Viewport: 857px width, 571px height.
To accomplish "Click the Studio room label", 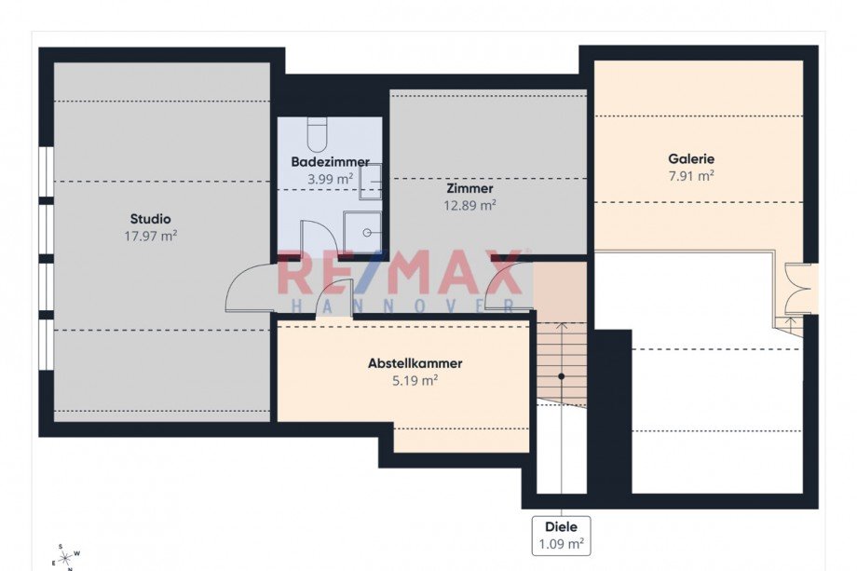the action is coord(150,219).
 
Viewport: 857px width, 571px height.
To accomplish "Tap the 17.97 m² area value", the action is coord(150,236).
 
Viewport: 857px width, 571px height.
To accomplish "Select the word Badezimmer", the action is coord(330,162).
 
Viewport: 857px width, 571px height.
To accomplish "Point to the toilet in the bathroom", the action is coord(316,134).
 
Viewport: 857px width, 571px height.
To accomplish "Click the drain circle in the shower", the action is coord(367,233).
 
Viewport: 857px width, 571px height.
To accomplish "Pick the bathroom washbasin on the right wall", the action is coord(370,182).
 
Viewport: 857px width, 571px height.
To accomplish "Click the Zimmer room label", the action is coord(470,188).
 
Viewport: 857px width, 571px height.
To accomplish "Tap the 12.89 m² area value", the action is coord(470,206).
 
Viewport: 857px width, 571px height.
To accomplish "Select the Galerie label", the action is coord(691,159).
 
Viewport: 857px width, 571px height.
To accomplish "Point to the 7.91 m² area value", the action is coord(691,176).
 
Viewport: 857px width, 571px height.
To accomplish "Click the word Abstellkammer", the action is coord(415,363).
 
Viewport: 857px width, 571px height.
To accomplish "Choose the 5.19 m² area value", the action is coord(415,380).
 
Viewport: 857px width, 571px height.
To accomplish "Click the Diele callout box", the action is coord(562,536).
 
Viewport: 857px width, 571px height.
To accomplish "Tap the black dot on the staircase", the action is coord(562,376).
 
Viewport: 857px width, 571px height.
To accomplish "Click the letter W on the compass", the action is coord(77,553).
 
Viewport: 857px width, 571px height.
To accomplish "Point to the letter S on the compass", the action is coord(61,546).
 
